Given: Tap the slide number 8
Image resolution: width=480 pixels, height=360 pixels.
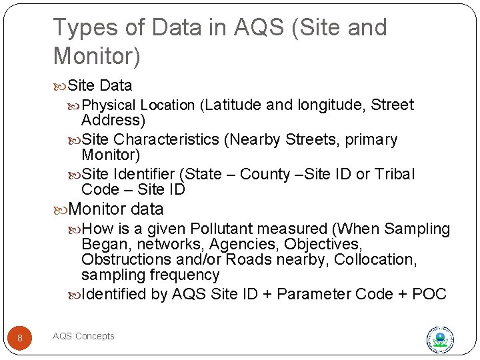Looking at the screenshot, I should click(20, 338).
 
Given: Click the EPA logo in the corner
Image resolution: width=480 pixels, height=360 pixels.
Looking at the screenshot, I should click(440, 339).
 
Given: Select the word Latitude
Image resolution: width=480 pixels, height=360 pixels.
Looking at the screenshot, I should click(234, 105).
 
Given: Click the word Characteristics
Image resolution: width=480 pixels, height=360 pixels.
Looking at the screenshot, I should click(166, 139).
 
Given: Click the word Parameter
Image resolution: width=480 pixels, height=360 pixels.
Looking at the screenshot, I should click(313, 294).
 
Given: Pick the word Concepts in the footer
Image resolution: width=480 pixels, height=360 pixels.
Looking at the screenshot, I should click(96, 337).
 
